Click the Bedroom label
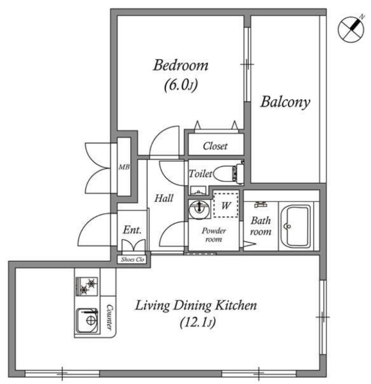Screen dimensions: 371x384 181,65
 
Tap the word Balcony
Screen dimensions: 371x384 285,102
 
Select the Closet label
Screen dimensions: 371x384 215,146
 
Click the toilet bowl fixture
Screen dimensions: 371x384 228,173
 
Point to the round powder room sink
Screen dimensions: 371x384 199,209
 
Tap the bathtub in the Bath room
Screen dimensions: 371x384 296,226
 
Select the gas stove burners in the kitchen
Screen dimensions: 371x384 87,286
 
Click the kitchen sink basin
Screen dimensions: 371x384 87,321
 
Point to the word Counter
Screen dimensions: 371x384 110,317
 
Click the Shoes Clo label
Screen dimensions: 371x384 133,260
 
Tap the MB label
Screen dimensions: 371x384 124,167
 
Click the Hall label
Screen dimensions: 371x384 164,198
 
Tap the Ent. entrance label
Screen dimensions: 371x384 132,230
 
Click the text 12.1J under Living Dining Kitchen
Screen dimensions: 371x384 198,323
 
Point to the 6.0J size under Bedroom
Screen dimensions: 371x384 181,85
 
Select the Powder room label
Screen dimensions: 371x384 213,235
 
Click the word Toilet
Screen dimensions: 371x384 200,174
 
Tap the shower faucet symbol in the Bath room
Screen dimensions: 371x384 260,204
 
